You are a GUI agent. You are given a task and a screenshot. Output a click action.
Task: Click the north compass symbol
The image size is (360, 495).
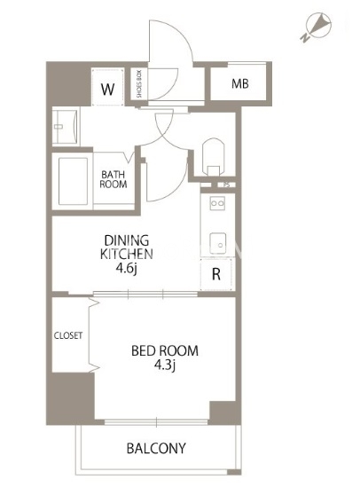click(x=317, y=27)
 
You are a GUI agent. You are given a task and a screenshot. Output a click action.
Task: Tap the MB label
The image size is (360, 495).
click(x=240, y=83)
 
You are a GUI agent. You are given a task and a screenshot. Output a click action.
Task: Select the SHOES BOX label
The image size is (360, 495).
click(x=140, y=83)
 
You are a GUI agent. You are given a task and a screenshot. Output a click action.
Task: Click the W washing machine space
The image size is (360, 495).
click(x=107, y=87)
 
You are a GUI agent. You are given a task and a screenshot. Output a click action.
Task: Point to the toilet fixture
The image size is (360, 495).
click(x=214, y=157)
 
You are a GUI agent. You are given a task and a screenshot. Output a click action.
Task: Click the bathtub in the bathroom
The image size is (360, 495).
click(x=74, y=181)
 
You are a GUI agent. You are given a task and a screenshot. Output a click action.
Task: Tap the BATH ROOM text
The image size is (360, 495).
click(x=113, y=179)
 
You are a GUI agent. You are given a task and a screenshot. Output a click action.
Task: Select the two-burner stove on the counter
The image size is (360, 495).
click(x=218, y=203)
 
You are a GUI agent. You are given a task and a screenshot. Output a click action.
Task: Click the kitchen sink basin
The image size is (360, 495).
click(x=218, y=243)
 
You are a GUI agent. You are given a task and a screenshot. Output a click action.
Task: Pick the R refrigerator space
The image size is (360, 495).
click(x=216, y=274)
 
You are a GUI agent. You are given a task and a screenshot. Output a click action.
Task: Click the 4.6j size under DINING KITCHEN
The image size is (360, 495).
click(x=127, y=269)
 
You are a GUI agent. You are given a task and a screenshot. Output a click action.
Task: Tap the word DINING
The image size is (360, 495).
click(x=127, y=240)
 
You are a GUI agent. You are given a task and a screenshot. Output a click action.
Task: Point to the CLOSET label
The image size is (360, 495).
click(x=68, y=335)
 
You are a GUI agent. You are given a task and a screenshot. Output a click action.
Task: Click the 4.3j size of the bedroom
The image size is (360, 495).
click(x=165, y=365)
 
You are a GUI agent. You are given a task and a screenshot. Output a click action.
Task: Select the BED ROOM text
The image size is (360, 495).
click(x=165, y=350)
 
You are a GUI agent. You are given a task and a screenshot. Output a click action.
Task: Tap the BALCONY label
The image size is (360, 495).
click(x=156, y=448)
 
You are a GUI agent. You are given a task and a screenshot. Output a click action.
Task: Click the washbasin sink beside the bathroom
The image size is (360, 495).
click(x=66, y=126)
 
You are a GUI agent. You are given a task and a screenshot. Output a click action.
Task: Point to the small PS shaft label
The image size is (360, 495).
click(x=226, y=185)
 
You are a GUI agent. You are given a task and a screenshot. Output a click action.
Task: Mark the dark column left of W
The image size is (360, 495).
click(x=69, y=84)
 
